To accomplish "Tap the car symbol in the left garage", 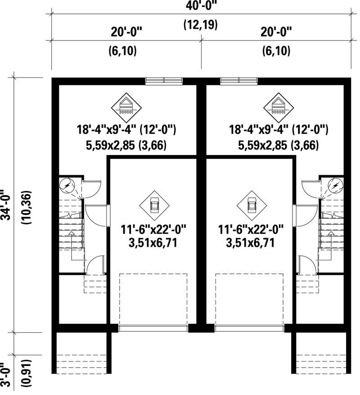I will tap(154, 204).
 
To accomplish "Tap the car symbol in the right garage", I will tap(252, 204).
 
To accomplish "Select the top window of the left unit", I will tap(164, 81).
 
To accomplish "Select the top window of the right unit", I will tap(238, 81).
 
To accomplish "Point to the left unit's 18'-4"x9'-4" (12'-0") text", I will tap(126, 131).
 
